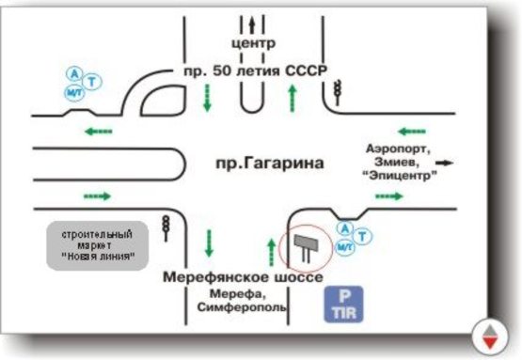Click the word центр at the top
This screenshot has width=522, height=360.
point(253,44)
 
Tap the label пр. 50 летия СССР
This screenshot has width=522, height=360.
point(252,71)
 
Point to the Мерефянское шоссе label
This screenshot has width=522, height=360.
point(243,278)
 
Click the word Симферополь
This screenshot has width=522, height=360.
point(242,307)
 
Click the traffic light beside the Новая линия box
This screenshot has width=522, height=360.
point(166,227)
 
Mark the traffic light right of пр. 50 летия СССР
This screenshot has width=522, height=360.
point(337,91)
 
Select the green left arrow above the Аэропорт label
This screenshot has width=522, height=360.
point(412,132)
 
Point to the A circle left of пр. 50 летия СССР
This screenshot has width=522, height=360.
point(74,71)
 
